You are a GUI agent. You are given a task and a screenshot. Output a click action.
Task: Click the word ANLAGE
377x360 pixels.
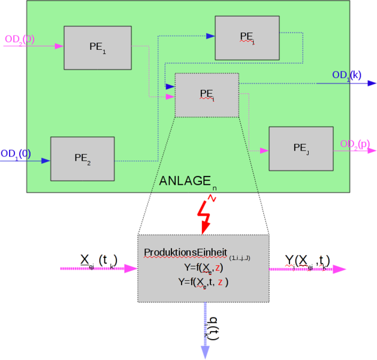tap(185, 181)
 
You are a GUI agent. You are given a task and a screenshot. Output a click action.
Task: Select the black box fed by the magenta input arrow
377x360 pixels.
tap(98, 47)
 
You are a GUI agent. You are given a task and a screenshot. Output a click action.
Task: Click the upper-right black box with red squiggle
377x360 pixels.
tap(247, 38)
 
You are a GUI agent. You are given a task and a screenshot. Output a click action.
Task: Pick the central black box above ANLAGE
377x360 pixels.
tap(207, 95)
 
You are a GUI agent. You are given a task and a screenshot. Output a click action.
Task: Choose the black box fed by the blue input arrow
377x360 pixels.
tap(82, 158)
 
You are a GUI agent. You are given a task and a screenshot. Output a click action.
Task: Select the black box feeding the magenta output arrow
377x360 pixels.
tap(301, 148)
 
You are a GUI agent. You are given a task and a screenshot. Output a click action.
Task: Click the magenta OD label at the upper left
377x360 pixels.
tap(19, 40)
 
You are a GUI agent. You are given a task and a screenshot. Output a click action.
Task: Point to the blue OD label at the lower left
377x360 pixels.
tap(16, 154)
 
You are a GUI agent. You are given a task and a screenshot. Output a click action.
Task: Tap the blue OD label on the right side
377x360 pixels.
tap(347, 75)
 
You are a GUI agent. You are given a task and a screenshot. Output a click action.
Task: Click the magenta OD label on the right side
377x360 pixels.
tap(355, 143)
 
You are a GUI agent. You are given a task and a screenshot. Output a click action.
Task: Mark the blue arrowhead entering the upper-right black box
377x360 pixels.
tap(210, 36)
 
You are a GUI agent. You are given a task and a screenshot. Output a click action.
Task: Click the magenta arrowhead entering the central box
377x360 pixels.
tap(170, 97)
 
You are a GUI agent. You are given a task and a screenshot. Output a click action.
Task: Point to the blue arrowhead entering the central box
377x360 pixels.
tap(170, 87)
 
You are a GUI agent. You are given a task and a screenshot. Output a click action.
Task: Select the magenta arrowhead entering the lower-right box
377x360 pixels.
tap(264, 151)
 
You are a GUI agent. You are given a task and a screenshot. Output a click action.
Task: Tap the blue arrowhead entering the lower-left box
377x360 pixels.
tap(46, 161)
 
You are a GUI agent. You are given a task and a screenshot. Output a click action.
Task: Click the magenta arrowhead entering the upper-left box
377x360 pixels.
tap(59, 46)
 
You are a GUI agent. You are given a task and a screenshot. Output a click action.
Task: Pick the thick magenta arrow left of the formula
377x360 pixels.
tap(98, 269)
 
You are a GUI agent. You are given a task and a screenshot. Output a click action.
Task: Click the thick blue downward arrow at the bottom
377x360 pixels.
tap(205, 330)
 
